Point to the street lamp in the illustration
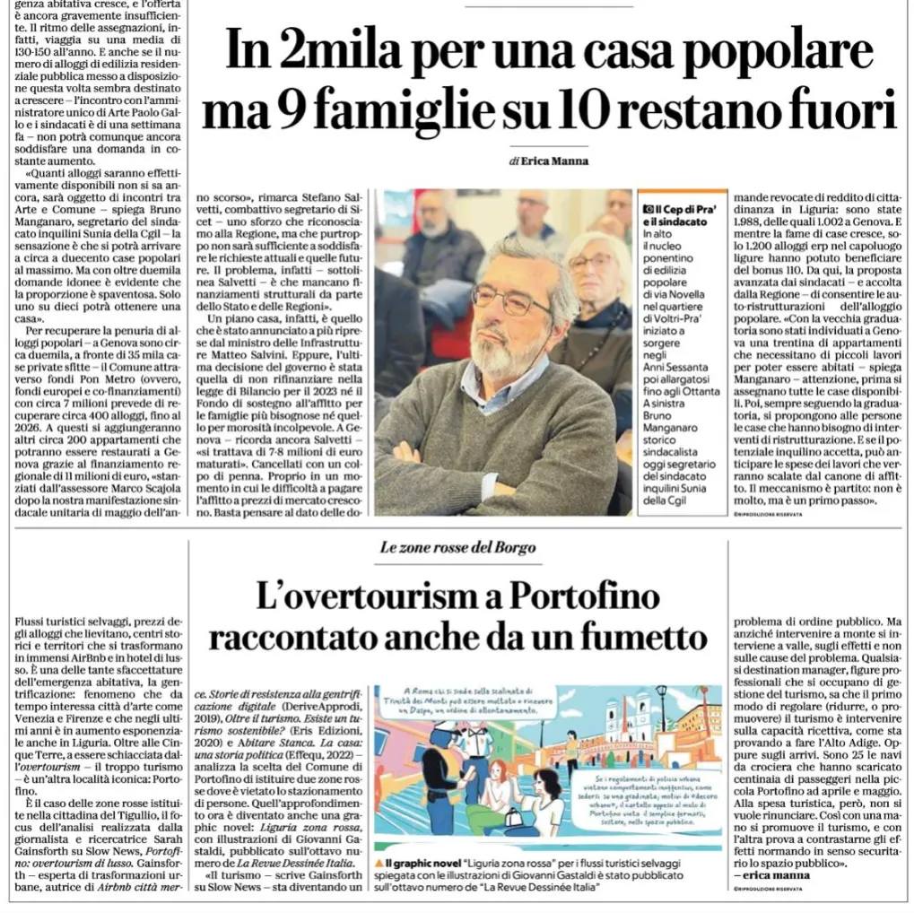[661, 709]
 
